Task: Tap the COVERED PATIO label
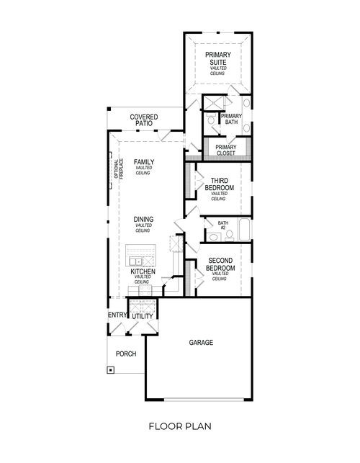(x=144, y=120)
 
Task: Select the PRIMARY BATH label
(x=231, y=119)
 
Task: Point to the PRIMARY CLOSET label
(x=225, y=150)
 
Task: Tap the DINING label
(x=143, y=220)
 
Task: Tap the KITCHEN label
(x=143, y=272)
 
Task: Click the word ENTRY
(x=117, y=315)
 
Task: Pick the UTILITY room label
(x=143, y=316)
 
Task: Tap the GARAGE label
(x=201, y=343)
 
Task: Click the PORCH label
(x=126, y=354)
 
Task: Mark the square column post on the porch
(x=111, y=371)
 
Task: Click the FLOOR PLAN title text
(x=180, y=426)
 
